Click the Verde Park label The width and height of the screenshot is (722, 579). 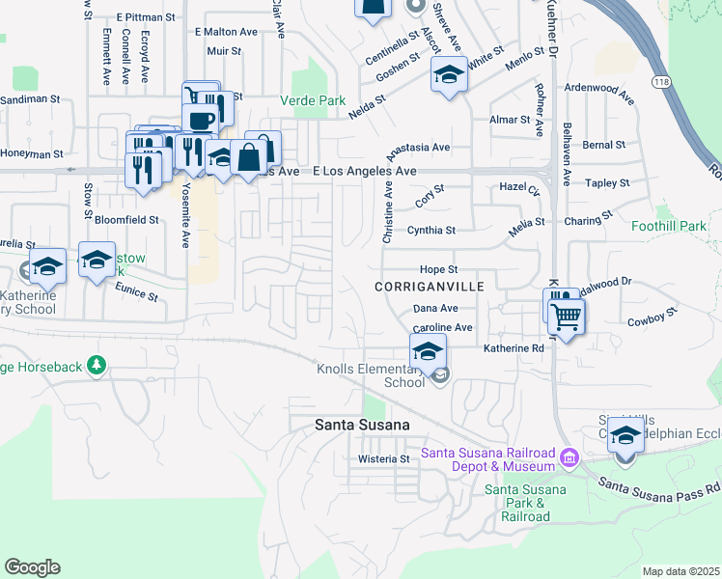[x=312, y=100]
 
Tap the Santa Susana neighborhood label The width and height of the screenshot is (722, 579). [x=363, y=425]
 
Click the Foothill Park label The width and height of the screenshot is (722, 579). [x=668, y=226]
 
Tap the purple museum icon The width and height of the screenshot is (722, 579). [x=569, y=455]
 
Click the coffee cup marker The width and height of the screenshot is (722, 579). [x=200, y=120]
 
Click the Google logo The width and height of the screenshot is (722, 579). [x=32, y=567]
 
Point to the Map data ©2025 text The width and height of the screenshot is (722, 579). [x=681, y=571]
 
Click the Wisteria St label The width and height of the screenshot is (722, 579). [x=384, y=459]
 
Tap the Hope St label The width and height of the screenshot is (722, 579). [x=437, y=269]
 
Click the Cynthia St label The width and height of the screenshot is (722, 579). [x=430, y=231]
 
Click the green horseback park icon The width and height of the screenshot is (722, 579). [x=96, y=366]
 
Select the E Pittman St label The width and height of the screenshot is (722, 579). [x=145, y=17]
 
